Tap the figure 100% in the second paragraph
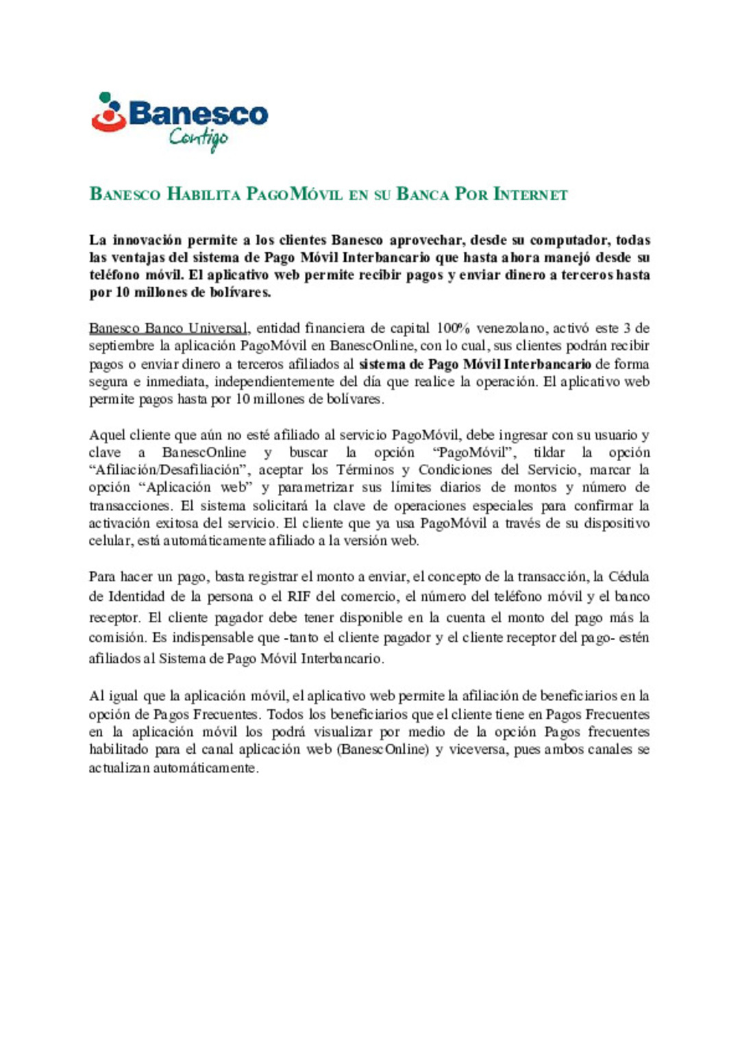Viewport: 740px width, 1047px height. coord(453,328)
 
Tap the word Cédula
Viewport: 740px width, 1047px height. coord(628,576)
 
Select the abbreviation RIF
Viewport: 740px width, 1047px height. coord(299,597)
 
